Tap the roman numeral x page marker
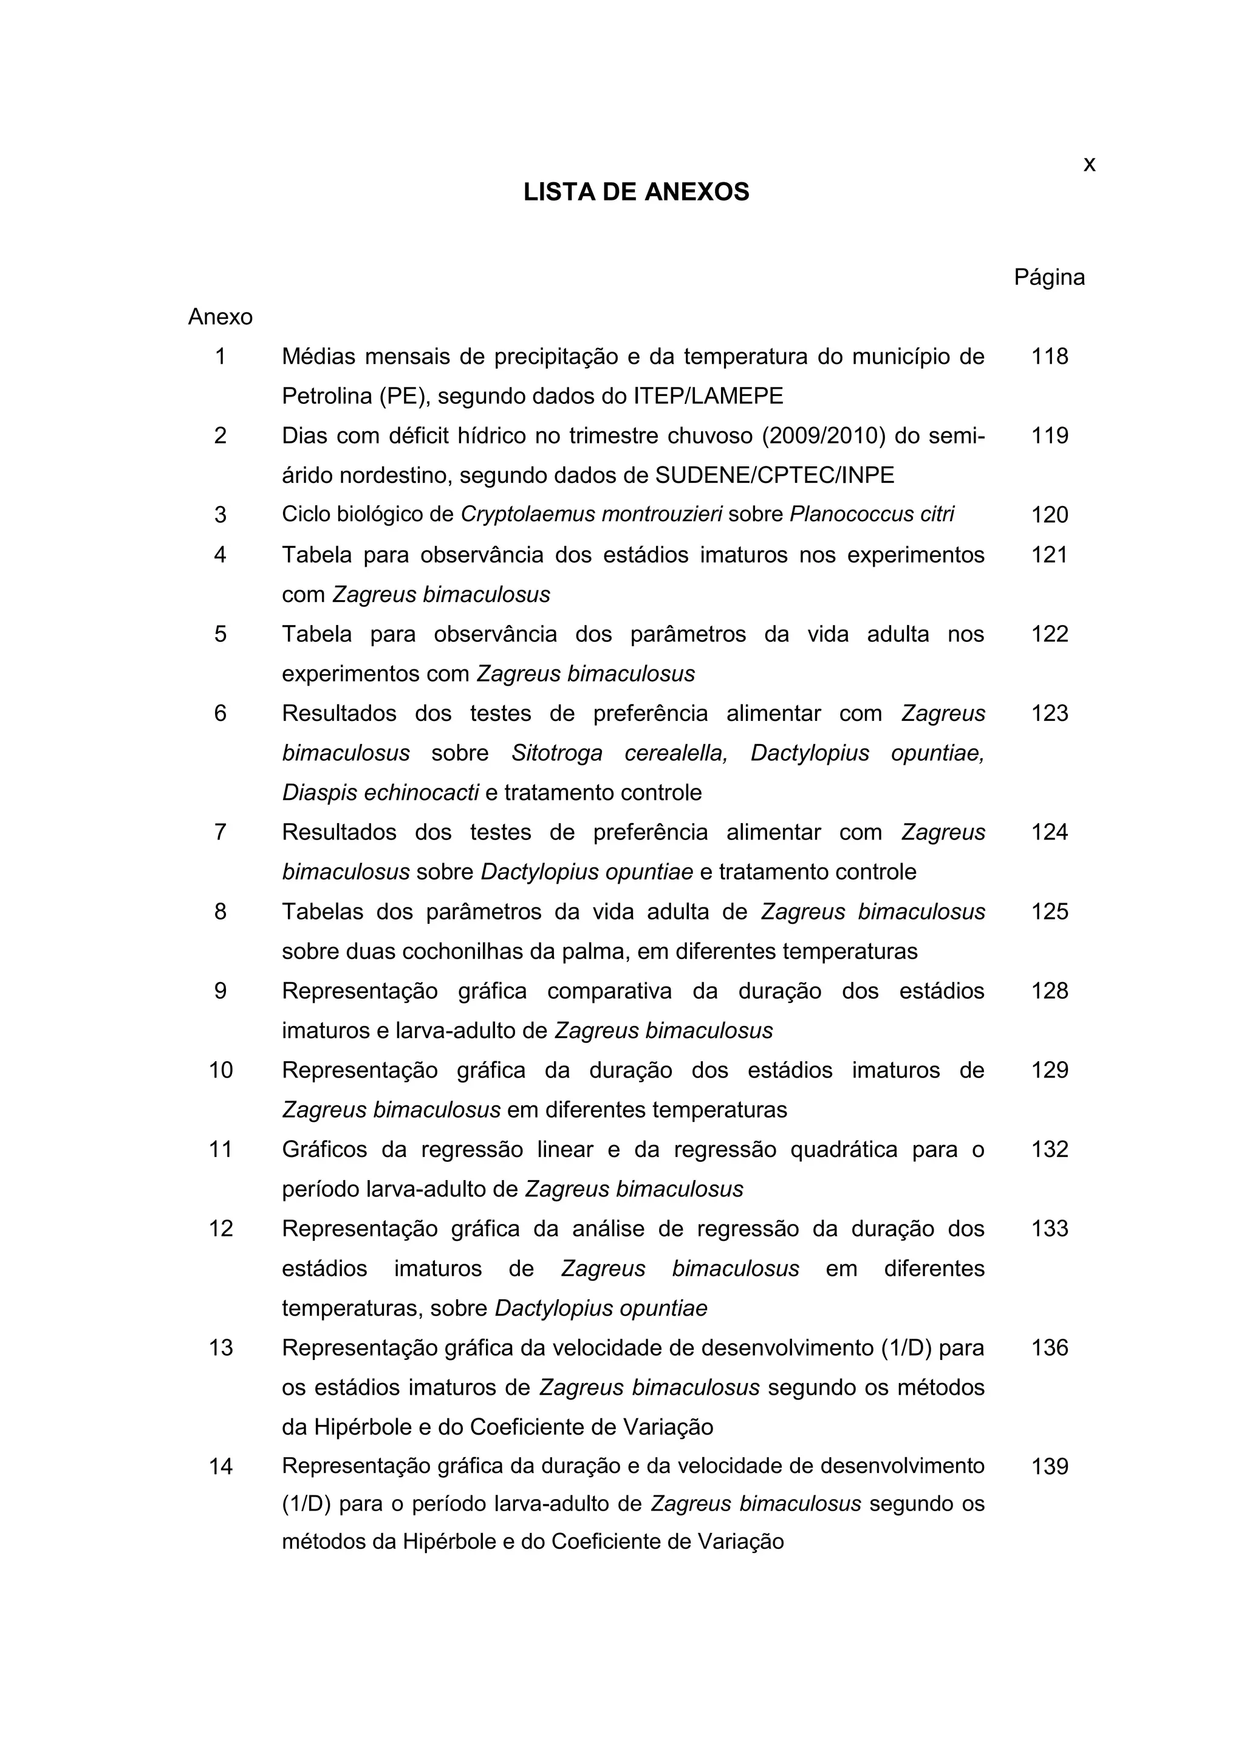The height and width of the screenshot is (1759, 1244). [x=1088, y=164]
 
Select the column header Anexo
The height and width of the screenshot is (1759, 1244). [x=220, y=316]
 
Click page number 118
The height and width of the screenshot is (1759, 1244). [x=1048, y=357]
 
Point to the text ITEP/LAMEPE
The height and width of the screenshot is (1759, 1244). [x=708, y=396]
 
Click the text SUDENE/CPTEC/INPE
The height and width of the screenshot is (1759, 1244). [x=774, y=475]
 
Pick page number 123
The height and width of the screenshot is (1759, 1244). [x=1048, y=713]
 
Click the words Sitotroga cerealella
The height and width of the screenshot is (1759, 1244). [x=619, y=753]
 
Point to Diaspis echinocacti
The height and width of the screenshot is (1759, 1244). [x=380, y=792]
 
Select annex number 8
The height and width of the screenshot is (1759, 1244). [x=220, y=912]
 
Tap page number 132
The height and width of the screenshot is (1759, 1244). [x=1048, y=1149]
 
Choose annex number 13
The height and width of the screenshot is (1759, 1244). [x=220, y=1348]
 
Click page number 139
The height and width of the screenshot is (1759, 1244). [x=1048, y=1466]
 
